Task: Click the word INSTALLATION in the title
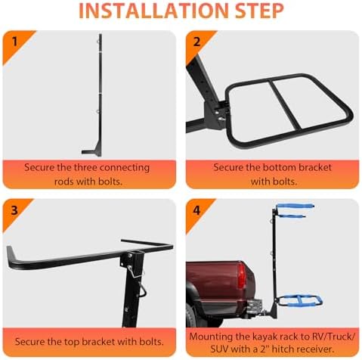click(153, 11)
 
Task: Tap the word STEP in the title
click(259, 11)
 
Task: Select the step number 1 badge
click(15, 42)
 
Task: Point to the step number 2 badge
click(196, 42)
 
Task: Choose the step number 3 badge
click(14, 210)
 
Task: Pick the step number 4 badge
click(196, 210)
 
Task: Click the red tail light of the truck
click(241, 275)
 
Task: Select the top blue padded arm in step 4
click(295, 206)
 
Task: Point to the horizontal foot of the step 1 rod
click(89, 152)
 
